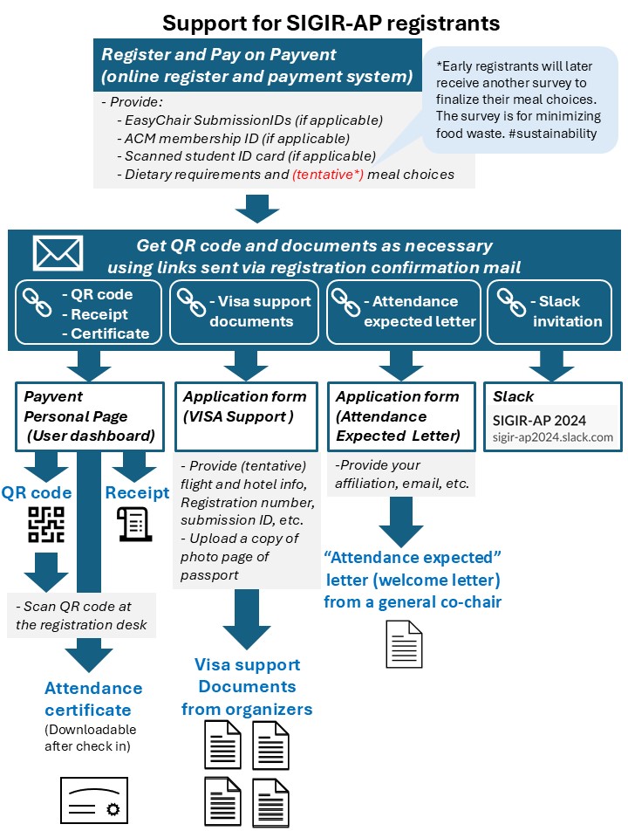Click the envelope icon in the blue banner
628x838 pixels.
click(58, 253)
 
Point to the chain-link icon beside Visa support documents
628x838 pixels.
click(190, 302)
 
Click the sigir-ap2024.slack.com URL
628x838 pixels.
click(553, 437)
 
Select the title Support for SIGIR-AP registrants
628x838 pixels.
click(313, 21)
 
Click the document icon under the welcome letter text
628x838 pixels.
click(404, 644)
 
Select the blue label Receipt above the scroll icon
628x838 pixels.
click(137, 492)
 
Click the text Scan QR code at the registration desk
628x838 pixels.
click(84, 615)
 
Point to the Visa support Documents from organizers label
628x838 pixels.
click(247, 686)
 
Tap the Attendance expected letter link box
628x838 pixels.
click(402, 311)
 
